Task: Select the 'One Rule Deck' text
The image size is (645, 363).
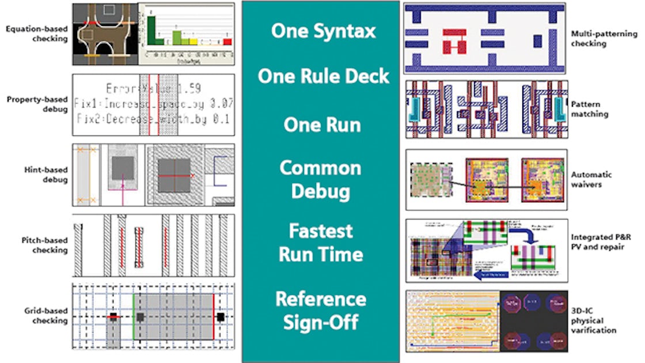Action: [323, 76]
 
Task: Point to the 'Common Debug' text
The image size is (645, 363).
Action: [320, 179]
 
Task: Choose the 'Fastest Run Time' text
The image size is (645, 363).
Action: [321, 242]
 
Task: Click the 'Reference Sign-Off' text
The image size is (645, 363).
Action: [320, 310]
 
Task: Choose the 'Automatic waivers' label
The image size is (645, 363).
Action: [591, 179]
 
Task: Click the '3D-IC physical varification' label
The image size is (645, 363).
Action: [593, 320]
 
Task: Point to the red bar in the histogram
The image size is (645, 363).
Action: [227, 41]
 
